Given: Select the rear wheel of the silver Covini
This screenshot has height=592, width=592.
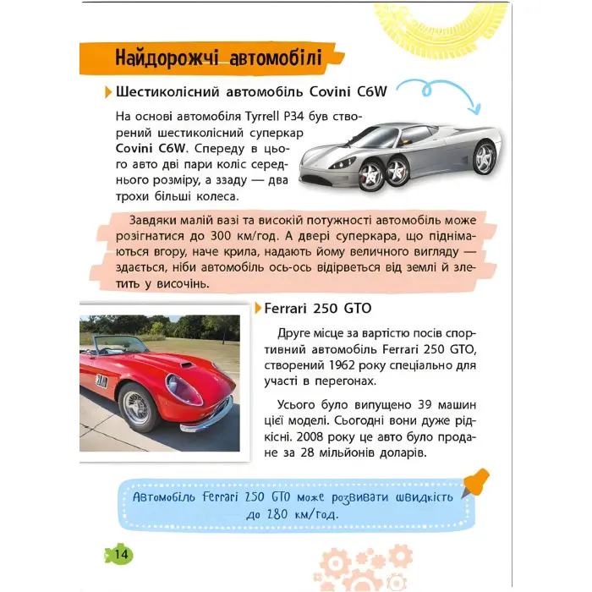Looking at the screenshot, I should click(x=485, y=157).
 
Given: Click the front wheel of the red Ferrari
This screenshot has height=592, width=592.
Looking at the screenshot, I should click(x=135, y=407).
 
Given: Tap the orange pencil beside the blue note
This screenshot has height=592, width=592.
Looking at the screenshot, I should click(x=476, y=483).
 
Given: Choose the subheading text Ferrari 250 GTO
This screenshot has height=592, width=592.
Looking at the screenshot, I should click(x=318, y=308).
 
